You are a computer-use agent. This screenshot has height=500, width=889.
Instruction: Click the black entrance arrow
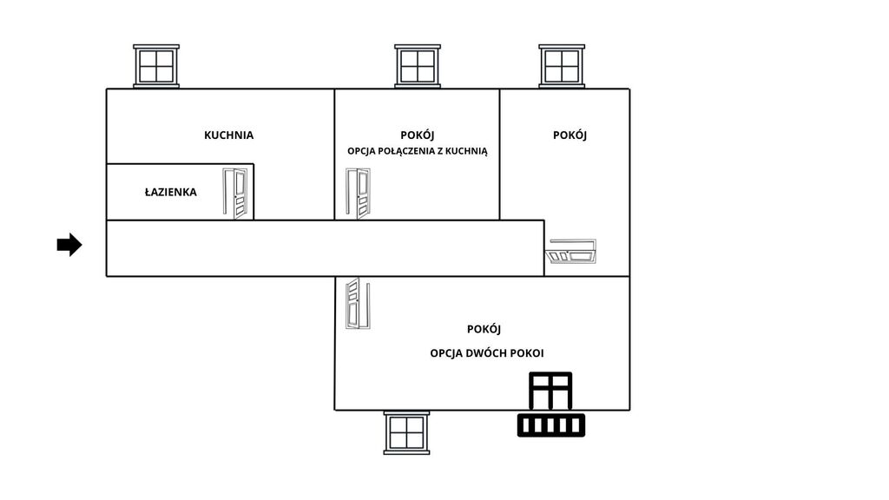[69, 245]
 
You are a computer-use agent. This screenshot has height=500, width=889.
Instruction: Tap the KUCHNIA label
[228, 135]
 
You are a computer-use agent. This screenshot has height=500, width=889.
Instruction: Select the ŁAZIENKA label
[171, 192]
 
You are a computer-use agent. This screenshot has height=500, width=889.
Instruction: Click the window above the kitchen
[156, 66]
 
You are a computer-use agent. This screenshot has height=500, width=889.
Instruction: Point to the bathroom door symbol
[235, 194]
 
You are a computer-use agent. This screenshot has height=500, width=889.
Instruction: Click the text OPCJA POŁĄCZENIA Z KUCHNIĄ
[418, 151]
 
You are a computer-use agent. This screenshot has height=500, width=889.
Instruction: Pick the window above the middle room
[418, 66]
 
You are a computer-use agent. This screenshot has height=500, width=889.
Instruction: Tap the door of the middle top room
[359, 194]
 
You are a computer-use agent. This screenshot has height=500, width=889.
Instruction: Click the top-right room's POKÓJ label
[570, 135]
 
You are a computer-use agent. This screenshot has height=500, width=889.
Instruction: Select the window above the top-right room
[562, 66]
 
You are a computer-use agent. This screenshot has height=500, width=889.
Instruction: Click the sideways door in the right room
[571, 251]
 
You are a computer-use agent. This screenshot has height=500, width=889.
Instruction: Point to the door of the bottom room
[358, 303]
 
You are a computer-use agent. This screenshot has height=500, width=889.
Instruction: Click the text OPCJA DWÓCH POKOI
[486, 353]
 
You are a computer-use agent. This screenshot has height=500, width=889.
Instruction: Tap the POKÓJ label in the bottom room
[484, 329]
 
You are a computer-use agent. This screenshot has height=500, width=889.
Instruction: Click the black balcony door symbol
[550, 391]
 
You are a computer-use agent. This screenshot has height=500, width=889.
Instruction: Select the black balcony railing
[551, 425]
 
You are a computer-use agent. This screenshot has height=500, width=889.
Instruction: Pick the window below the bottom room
[406, 433]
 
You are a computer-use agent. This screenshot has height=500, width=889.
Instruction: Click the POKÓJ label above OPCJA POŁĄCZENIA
[418, 135]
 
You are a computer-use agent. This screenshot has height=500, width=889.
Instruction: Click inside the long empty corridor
[325, 248]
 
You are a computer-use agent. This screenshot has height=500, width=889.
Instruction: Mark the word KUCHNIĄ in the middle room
[466, 151]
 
